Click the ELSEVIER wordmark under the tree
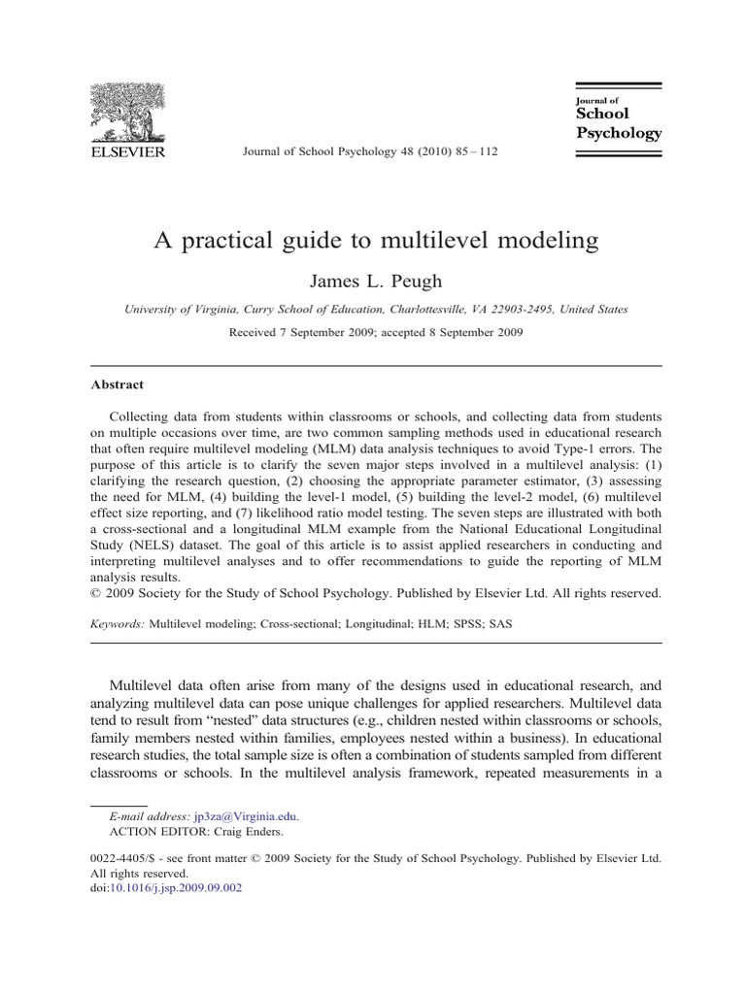(x=127, y=151)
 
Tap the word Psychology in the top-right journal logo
(x=619, y=133)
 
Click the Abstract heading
(x=117, y=384)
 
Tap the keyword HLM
(x=413, y=626)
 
